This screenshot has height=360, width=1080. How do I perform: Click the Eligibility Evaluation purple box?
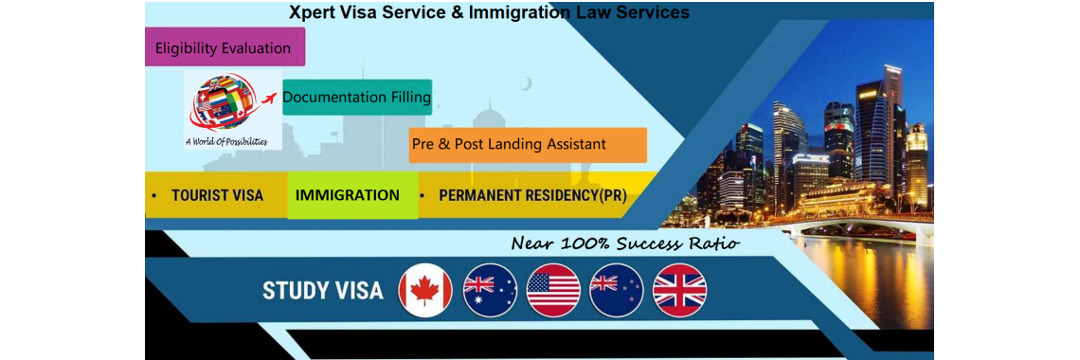pos(225,46)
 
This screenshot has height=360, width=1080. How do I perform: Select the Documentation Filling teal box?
pos(357,97)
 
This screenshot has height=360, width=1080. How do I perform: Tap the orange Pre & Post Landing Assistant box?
pos(528,145)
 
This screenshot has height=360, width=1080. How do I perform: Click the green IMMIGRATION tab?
pos(348,195)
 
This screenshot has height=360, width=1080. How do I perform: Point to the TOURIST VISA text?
pos(217,196)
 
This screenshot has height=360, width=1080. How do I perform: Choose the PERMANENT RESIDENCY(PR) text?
pos(532,196)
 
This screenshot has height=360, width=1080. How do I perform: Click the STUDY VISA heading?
pos(322,291)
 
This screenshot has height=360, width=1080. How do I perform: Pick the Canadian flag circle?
pos(425,290)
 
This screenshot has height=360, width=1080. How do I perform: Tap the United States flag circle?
pos(553,290)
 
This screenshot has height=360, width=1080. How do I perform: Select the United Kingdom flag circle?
pos(680,290)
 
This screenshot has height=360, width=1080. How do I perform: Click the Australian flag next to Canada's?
pos(490,290)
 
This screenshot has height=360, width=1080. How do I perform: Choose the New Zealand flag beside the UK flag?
pos(617,290)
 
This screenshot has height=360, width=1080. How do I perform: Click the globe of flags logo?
pos(224,102)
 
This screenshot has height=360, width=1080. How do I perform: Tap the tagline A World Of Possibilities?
pos(226,142)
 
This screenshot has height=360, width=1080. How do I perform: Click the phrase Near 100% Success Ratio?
pos(625,243)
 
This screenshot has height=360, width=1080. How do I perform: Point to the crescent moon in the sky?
pos(526,83)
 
